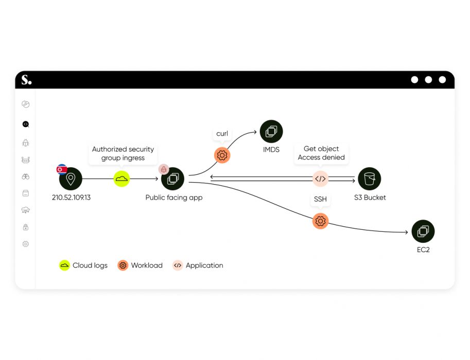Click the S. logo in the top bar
[26, 80]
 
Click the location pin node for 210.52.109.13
[71, 179]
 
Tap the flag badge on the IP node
[62, 169]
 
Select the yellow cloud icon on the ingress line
[121, 179]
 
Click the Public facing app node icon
[172, 179]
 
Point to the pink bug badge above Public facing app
[164, 169]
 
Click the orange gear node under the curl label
[222, 155]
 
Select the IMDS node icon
[271, 132]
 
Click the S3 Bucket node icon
[369, 179]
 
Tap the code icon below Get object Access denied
[320, 179]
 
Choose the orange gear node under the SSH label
[320, 221]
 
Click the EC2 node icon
[423, 231]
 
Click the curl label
[222, 134]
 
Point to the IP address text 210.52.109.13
[71, 197]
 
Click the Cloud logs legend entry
[83, 265]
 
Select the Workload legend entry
[140, 265]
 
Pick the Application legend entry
[198, 265]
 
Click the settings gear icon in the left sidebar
[26, 244]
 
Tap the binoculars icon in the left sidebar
[26, 176]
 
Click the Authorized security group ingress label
[123, 153]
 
